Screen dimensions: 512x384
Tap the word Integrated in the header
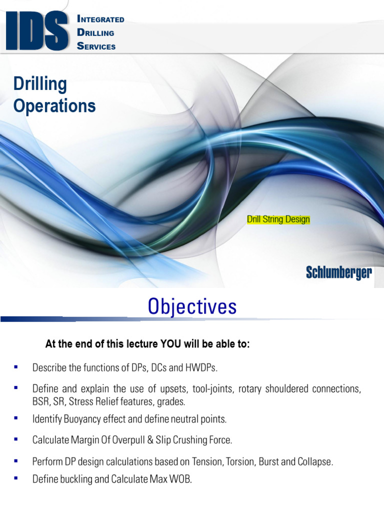tap(101, 19)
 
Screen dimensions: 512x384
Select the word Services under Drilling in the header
tap(96, 46)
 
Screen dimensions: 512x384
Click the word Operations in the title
tap(54, 105)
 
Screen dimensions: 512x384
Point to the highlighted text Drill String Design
tap(278, 219)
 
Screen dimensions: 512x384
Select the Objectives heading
tap(192, 307)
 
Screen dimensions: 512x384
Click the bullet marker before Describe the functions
tap(16, 367)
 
